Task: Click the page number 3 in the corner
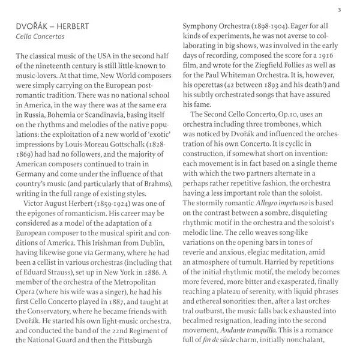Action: pos(340,9)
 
